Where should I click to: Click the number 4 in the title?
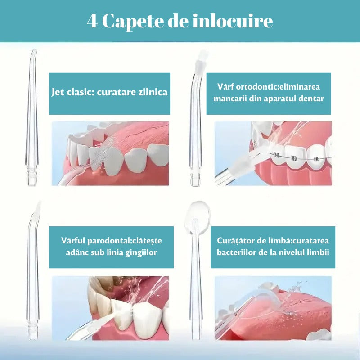click(92, 22)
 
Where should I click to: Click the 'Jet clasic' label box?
click(109, 93)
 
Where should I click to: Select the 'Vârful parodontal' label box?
click(111, 247)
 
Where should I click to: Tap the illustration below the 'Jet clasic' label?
click(111, 153)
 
